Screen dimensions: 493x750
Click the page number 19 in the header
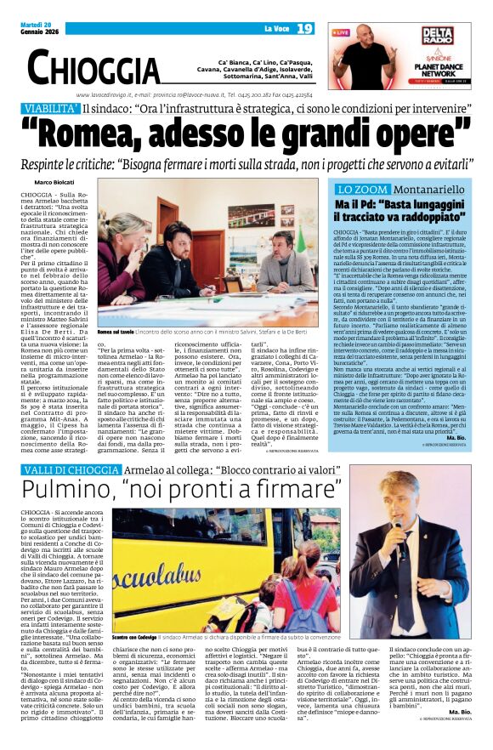305,29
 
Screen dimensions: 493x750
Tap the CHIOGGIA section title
94,65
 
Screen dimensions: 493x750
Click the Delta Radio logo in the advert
437,36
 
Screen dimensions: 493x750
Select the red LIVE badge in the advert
342,32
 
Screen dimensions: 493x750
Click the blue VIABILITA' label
52,109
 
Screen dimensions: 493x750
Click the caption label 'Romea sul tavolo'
116,332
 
